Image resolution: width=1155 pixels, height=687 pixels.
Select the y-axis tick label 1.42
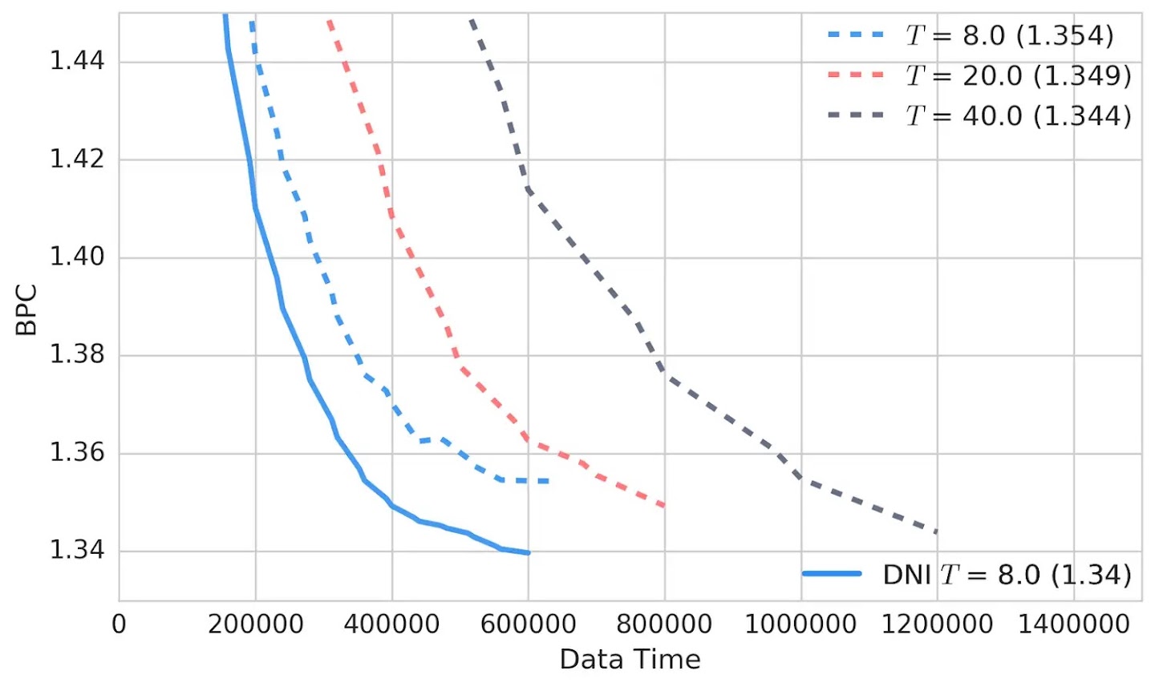77,159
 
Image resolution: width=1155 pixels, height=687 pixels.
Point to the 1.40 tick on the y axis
77,257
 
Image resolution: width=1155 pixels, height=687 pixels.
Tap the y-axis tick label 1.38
77,354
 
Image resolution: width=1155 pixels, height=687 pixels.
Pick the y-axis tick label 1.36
77,453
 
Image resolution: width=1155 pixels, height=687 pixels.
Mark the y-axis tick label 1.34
77,551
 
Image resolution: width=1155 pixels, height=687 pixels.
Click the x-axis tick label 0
119,624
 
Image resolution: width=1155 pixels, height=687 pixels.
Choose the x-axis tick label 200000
255,624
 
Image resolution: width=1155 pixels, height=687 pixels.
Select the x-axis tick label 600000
528,624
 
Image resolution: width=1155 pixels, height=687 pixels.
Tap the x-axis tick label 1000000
800,624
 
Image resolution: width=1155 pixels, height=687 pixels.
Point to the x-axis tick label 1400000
1073,624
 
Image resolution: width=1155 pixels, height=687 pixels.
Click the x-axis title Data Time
630,660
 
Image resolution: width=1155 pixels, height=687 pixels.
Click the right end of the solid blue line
529,552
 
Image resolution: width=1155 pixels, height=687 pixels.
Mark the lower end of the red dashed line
664,506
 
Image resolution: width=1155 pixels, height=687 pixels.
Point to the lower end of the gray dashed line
936,531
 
